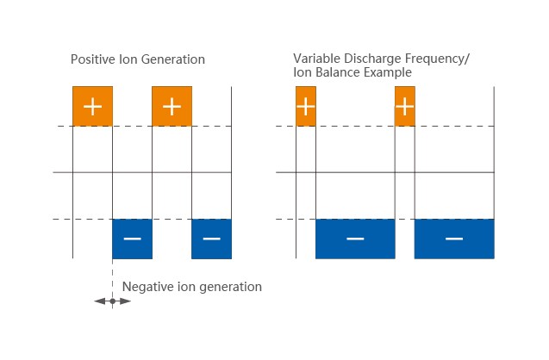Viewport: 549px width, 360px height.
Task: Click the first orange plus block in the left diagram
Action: (x=92, y=106)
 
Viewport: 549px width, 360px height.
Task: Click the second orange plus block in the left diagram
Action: (x=172, y=106)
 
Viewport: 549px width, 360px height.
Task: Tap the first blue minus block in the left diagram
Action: (x=132, y=239)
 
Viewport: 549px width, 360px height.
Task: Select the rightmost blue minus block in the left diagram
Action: (x=211, y=239)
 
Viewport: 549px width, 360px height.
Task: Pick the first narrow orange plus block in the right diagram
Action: (x=306, y=106)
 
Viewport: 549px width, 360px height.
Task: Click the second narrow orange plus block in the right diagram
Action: (x=405, y=106)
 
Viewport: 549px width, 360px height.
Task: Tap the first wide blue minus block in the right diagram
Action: (x=355, y=239)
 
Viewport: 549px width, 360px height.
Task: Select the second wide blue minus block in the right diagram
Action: (x=454, y=239)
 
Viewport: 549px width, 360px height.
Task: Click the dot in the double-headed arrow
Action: (x=112, y=301)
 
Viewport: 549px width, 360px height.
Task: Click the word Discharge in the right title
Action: (x=371, y=59)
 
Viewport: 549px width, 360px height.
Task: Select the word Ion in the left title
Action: (x=124, y=60)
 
